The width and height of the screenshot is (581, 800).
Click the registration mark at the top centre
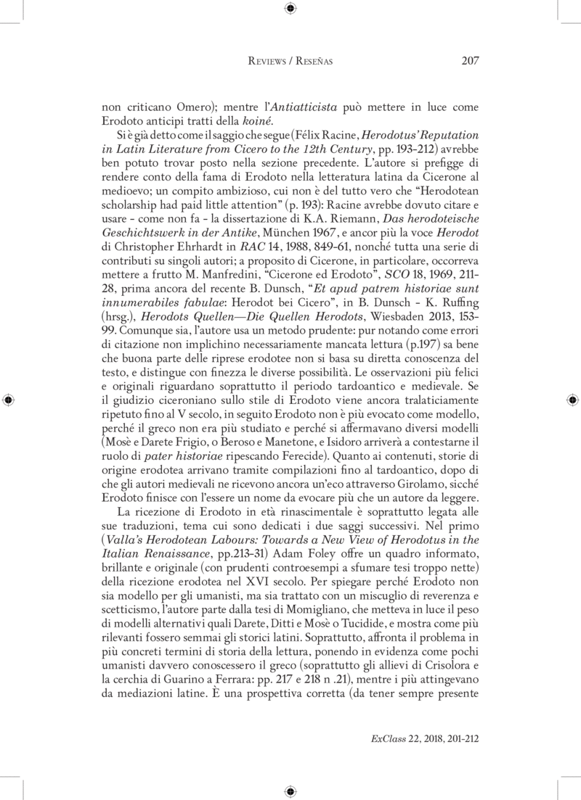(x=290, y=9)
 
